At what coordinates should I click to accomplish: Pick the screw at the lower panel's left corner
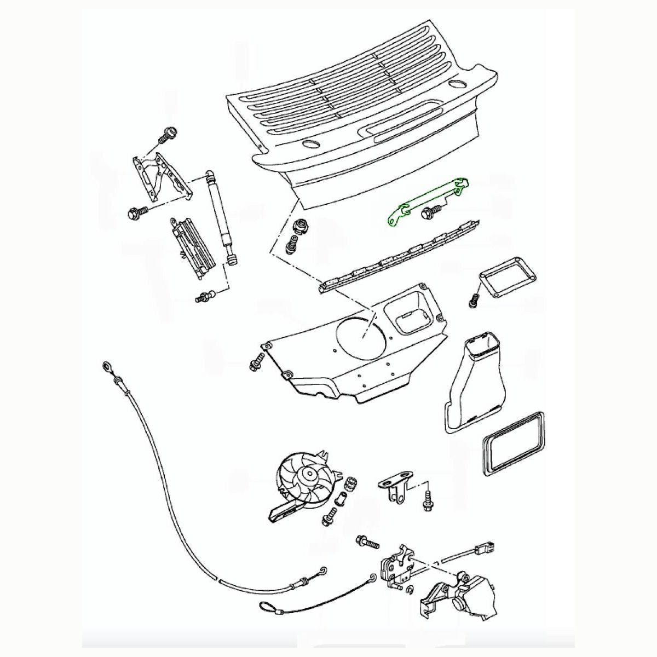click(x=256, y=364)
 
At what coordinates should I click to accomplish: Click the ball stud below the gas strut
click(x=203, y=298)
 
